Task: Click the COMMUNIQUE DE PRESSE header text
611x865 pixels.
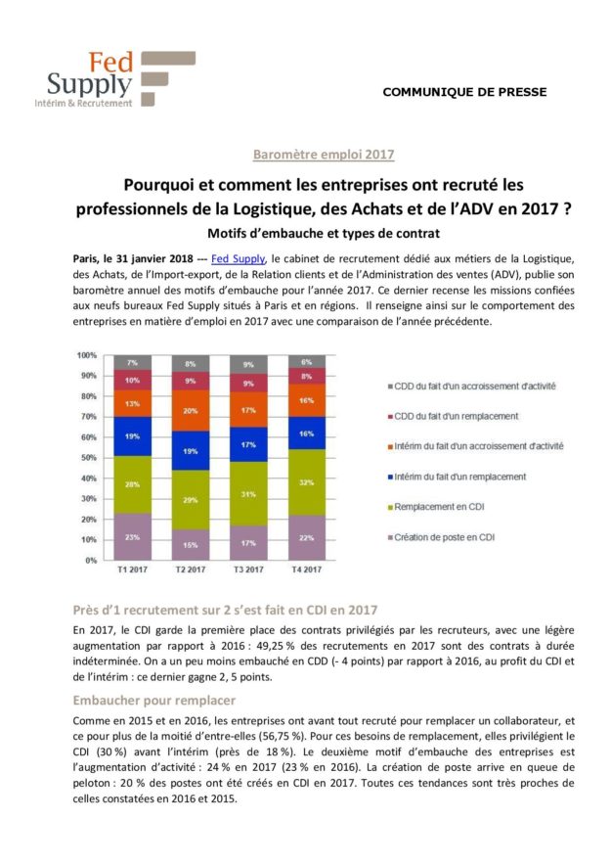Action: click(x=464, y=92)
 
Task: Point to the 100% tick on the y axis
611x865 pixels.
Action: click(x=87, y=355)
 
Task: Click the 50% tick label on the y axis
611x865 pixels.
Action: click(x=87, y=458)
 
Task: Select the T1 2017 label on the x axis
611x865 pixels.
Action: click(x=132, y=569)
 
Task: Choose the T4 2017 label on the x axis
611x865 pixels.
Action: click(x=307, y=569)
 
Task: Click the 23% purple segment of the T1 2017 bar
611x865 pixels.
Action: click(x=132, y=536)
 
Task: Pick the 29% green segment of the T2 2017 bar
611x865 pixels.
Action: click(x=190, y=500)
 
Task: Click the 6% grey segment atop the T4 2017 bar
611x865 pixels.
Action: click(x=307, y=361)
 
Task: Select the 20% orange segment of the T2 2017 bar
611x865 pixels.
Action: click(x=190, y=410)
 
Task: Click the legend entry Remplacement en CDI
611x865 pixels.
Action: click(x=435, y=507)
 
